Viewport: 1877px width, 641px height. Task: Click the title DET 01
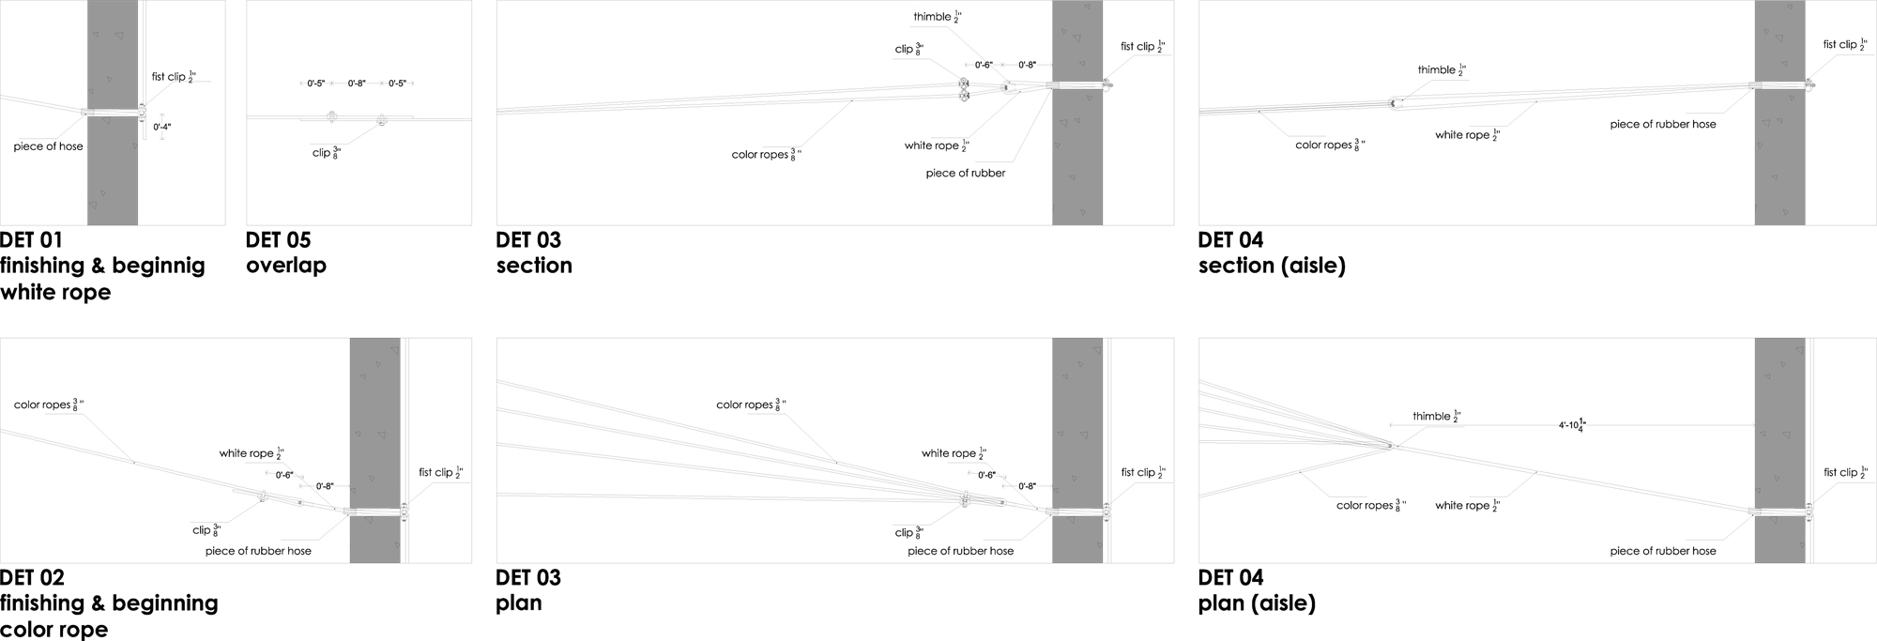point(31,240)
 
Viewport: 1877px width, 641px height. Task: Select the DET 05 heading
point(278,240)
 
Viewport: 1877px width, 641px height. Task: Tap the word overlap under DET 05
point(285,266)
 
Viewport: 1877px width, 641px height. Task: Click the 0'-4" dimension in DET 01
point(162,126)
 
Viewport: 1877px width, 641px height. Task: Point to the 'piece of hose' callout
point(48,146)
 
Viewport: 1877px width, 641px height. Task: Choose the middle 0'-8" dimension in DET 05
point(357,84)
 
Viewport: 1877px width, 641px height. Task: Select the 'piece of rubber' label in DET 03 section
point(965,174)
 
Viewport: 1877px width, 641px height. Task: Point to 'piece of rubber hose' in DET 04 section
point(1662,124)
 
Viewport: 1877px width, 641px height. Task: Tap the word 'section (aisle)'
point(1272,266)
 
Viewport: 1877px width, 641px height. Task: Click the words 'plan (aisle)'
point(1257,603)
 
